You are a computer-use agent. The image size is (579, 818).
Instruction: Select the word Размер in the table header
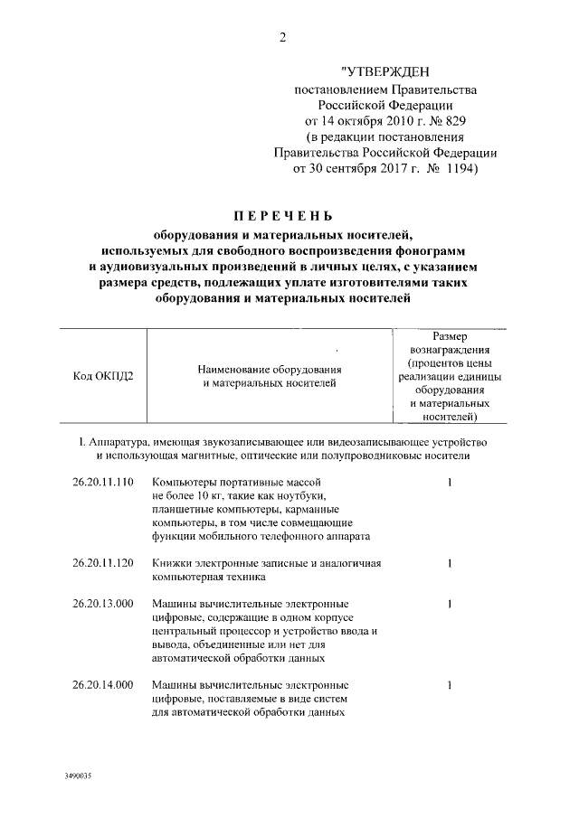[x=450, y=336]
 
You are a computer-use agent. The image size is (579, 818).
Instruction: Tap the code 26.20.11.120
[x=103, y=563]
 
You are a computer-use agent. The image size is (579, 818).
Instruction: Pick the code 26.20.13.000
[x=103, y=604]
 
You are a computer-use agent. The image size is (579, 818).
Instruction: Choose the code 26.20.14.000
[x=103, y=685]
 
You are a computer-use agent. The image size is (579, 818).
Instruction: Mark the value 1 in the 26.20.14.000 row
[x=450, y=685]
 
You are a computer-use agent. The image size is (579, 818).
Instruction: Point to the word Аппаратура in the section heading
[x=117, y=441]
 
